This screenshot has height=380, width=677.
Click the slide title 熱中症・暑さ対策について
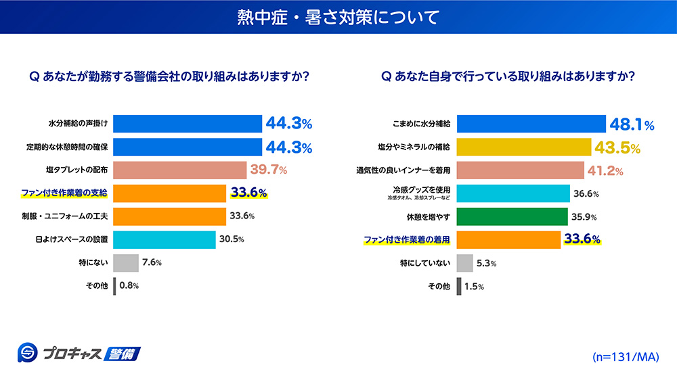(x=338, y=16)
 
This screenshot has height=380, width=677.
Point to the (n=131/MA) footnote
(x=625, y=356)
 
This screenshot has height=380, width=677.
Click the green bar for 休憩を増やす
(x=512, y=216)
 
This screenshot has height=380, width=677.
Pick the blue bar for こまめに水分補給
(x=531, y=124)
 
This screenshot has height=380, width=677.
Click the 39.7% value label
(x=269, y=170)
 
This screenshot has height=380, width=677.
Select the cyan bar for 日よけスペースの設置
(x=165, y=239)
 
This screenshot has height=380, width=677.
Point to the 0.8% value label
(x=129, y=285)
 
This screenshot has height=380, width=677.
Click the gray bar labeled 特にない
(x=126, y=262)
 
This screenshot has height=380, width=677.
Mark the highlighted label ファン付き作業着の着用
(x=408, y=239)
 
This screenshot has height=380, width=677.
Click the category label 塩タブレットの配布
(x=76, y=170)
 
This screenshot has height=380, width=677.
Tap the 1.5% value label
(x=473, y=286)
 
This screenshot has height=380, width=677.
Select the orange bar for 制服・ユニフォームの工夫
(x=169, y=216)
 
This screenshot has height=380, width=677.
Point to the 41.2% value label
(x=605, y=170)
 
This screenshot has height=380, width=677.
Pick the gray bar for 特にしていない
(x=464, y=262)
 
